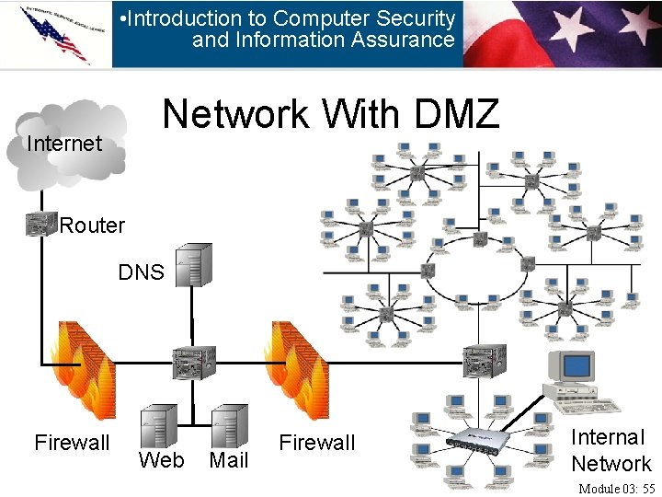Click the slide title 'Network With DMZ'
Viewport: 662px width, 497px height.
tap(331, 115)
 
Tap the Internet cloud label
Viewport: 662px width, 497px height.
tap(64, 144)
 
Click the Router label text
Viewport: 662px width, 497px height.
tap(92, 225)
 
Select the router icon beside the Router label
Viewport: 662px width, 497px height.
tap(40, 224)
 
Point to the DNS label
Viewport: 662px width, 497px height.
tap(141, 272)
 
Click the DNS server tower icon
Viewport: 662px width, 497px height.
tap(193, 265)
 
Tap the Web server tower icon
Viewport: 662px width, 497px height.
tap(158, 427)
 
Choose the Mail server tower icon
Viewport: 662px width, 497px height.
tap(229, 427)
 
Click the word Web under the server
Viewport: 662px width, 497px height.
tap(161, 460)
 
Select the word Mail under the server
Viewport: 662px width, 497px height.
tap(229, 460)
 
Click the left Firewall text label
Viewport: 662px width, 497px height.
tap(72, 443)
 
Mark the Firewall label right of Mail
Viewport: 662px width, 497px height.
tap(317, 443)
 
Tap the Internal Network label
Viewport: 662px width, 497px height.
tap(611, 450)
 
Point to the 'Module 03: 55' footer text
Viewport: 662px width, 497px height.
tap(616, 488)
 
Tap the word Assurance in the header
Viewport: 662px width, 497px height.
tap(407, 40)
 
